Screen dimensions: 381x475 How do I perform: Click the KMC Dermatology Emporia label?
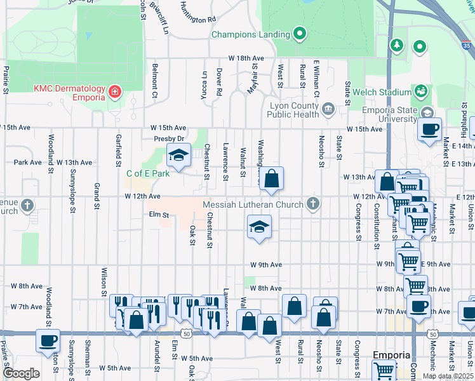(69, 93)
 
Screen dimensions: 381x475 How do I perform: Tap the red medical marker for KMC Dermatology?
(115, 93)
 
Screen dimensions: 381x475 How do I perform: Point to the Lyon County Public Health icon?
(328, 110)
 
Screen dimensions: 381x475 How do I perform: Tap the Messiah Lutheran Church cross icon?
(312, 204)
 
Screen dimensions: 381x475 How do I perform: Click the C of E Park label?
(148, 173)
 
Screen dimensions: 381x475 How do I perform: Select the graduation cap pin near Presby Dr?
(178, 156)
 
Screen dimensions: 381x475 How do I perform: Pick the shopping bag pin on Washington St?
(271, 180)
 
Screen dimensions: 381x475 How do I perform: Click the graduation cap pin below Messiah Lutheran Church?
(258, 227)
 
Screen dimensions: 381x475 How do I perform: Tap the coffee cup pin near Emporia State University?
(429, 130)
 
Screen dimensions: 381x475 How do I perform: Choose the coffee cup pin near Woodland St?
(48, 340)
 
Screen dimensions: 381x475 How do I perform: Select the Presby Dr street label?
(168, 138)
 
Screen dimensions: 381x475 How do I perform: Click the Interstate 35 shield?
(467, 46)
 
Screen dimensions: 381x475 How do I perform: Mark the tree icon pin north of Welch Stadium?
(397, 46)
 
